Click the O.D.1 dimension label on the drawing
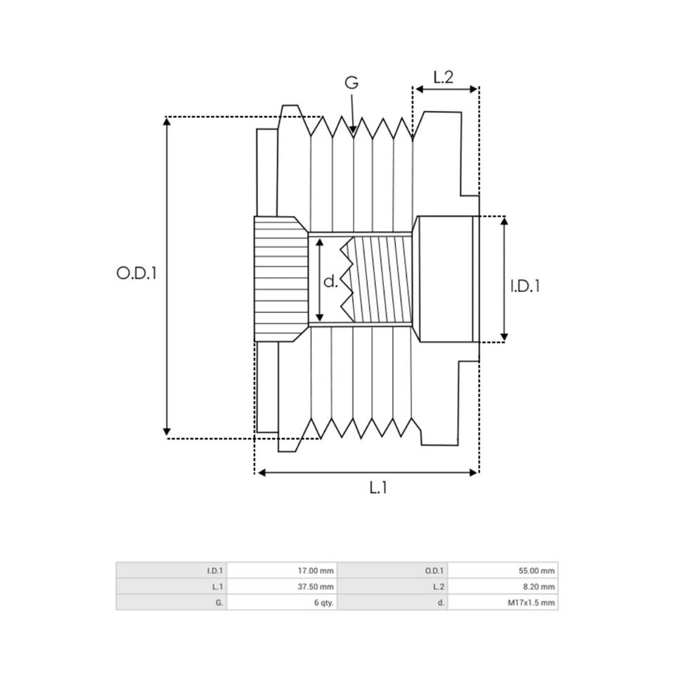pos(136,273)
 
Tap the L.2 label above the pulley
pos(444,77)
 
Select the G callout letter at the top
pos(352,82)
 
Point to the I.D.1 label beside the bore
pos(525,286)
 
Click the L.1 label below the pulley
pos(378,487)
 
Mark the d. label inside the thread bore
pos(330,281)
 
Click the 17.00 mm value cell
pos(282,570)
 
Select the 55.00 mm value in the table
pos(503,570)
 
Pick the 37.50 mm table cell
pos(282,586)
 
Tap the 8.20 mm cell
pos(503,586)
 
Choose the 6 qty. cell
pos(282,603)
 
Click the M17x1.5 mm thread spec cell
pos(503,603)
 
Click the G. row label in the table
pos(172,603)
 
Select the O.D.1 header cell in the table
pos(392,570)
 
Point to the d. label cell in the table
pos(392,603)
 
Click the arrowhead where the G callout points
pos(353,129)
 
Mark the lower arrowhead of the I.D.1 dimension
pos(505,337)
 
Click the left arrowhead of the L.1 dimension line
pos(261,472)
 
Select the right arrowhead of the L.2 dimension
pos(473,89)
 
